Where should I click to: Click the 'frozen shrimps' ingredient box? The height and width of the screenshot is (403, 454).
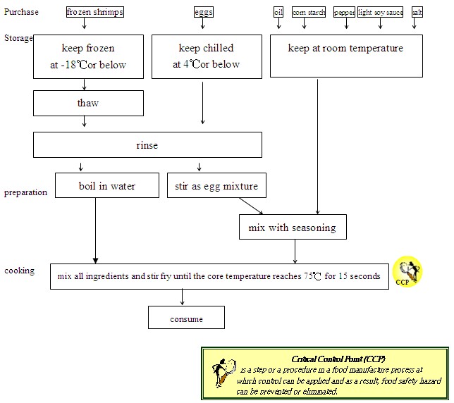pyautogui.click(x=95, y=12)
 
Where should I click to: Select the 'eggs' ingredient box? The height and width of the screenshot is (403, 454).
pyautogui.click(x=203, y=12)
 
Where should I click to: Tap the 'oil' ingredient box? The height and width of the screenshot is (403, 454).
pyautogui.click(x=278, y=12)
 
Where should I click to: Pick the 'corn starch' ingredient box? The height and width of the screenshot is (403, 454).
pyautogui.click(x=308, y=12)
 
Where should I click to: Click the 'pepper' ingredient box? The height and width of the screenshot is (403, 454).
pyautogui.click(x=344, y=12)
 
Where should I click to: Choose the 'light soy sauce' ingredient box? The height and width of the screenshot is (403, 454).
pyautogui.click(x=381, y=12)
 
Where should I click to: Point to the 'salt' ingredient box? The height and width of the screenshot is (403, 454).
pyautogui.click(x=417, y=12)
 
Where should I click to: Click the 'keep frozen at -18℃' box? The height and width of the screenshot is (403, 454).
pyautogui.click(x=88, y=56)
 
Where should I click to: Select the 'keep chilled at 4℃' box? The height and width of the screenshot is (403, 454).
pyautogui.click(x=206, y=56)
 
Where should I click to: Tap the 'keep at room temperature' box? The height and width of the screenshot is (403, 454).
pyautogui.click(x=346, y=56)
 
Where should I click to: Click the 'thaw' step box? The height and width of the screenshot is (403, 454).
pyautogui.click(x=88, y=104)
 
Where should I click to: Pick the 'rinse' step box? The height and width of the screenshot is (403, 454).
pyautogui.click(x=147, y=145)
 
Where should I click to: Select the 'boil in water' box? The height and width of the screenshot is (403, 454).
pyautogui.click(x=106, y=186)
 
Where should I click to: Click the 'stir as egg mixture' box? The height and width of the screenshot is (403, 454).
pyautogui.click(x=216, y=186)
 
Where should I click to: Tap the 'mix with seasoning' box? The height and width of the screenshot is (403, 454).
pyautogui.click(x=292, y=228)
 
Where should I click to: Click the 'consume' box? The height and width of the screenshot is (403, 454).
pyautogui.click(x=186, y=318)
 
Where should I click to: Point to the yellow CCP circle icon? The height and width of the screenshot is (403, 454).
pyautogui.click(x=407, y=271)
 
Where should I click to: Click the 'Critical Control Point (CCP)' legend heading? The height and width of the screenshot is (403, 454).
pyautogui.click(x=338, y=359)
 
